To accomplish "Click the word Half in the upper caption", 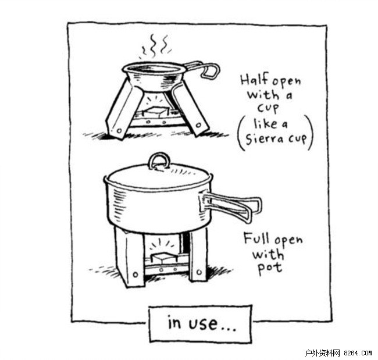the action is pos(255,80).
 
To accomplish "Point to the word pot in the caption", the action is pos(270,268).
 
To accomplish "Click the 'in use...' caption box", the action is pos(200,323).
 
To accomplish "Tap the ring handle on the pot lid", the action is pos(159,161).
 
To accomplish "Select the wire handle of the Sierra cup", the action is pos(202,69).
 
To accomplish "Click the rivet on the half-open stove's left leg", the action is pos(119,131).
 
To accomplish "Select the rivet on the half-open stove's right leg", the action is pos(198,125).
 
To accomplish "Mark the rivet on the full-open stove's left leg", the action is pos(135,275).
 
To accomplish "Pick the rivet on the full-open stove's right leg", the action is pos(199,272).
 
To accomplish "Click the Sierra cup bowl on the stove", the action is pos(154,76).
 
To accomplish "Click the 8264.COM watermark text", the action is pos(358,353).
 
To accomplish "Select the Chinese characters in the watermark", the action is pos(322,353).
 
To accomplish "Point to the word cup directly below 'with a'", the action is pos(268,108).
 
